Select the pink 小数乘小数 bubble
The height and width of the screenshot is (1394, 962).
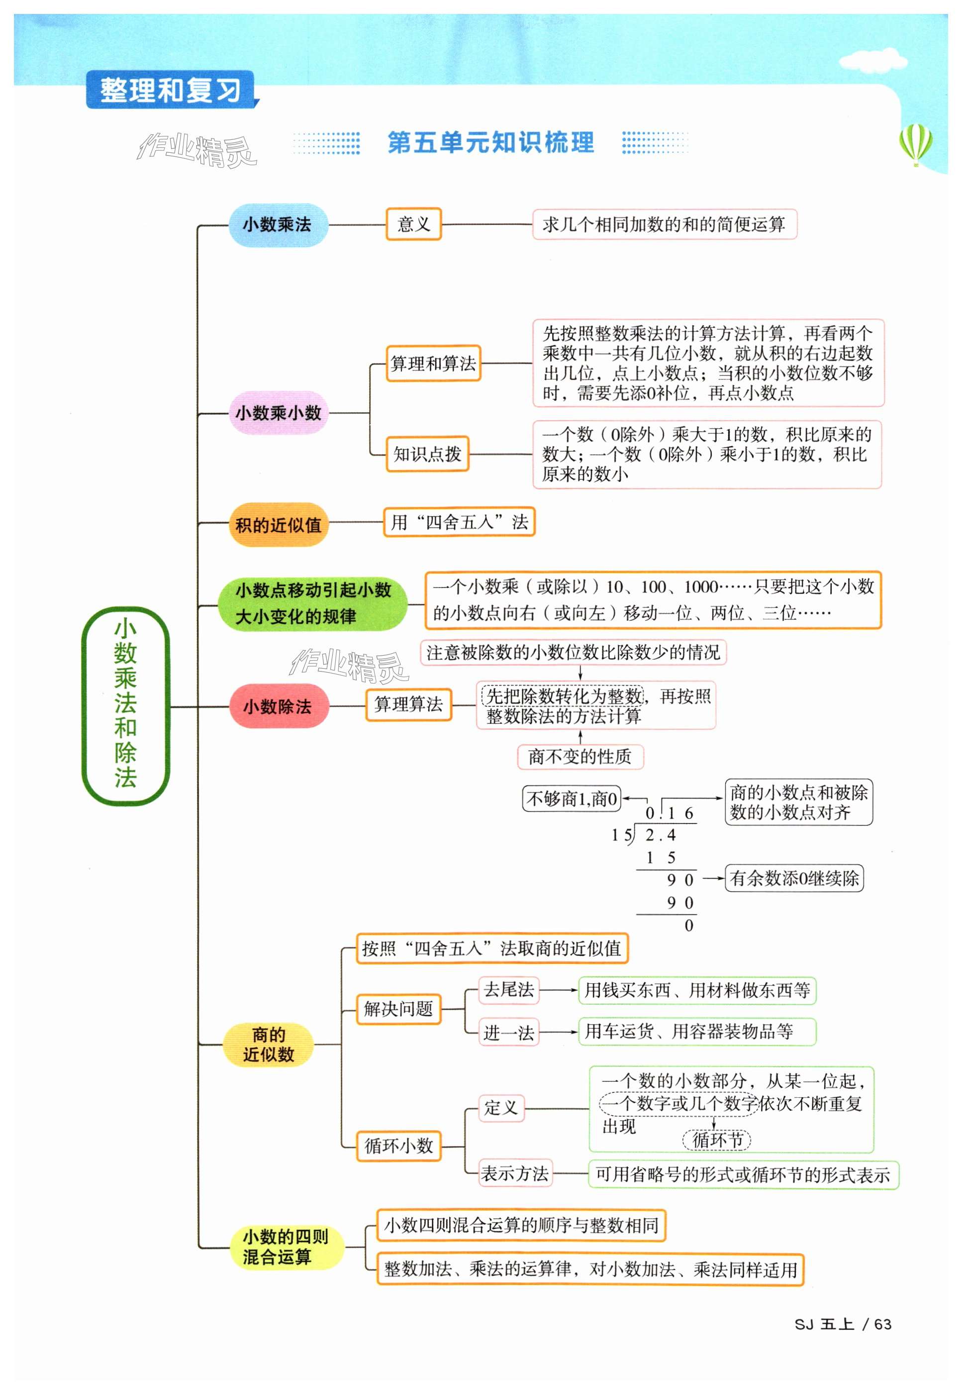tap(278, 413)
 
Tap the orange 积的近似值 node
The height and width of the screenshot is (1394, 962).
tap(278, 524)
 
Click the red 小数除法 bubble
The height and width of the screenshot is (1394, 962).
tap(278, 706)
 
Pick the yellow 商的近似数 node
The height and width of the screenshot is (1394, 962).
tap(268, 1044)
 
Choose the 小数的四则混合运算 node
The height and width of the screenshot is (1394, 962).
tap(285, 1247)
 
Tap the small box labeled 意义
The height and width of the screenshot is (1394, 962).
tap(413, 225)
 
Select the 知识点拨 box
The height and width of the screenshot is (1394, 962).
tap(427, 454)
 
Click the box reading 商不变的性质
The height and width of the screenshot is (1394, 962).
tap(580, 756)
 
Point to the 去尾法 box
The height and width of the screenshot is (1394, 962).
tap(508, 990)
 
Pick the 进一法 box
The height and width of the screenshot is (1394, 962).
tap(508, 1033)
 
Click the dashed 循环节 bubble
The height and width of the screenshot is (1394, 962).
tap(716, 1140)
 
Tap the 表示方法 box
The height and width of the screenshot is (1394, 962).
tap(515, 1173)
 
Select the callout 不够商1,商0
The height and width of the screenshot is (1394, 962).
tap(571, 799)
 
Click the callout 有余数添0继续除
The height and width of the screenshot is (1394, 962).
tap(794, 878)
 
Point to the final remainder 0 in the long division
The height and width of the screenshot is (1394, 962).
tap(688, 926)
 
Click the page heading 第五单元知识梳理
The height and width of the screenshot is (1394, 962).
tap(490, 143)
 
